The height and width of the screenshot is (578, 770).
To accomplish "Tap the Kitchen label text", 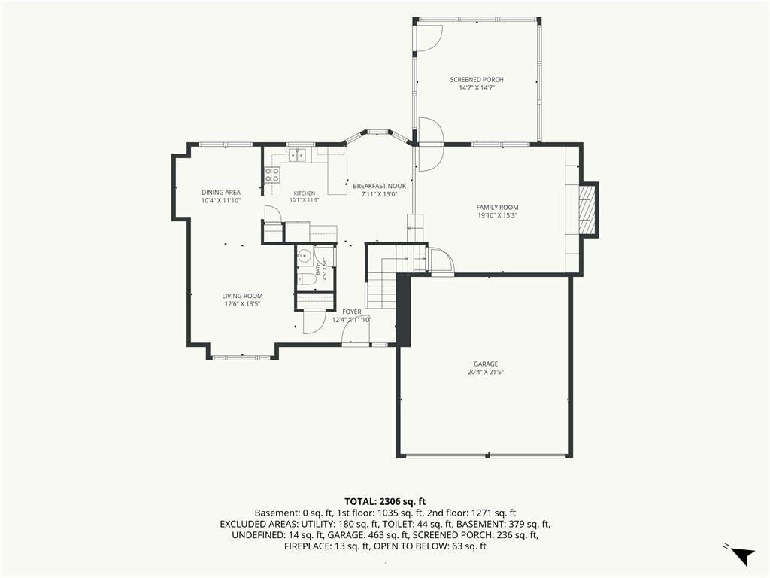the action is pos(305,193).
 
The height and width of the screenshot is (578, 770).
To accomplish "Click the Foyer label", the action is pos(352,312).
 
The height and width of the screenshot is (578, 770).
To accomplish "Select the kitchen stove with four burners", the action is pos(272,175).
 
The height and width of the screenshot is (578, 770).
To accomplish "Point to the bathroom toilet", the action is pos(308,279).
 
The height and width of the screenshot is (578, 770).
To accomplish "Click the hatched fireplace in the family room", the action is pos(587,210).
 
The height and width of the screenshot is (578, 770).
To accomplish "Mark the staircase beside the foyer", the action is pos(382,283).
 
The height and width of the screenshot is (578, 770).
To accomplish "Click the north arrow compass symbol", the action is pos(744,556).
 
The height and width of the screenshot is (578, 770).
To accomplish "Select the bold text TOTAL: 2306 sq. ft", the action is pos(385,502).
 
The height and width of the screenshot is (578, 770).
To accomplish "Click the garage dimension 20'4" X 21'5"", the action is pos(486,372).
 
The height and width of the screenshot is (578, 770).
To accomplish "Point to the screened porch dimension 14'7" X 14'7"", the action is pos(476,88).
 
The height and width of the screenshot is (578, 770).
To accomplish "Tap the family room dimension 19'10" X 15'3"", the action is pos(497,215).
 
